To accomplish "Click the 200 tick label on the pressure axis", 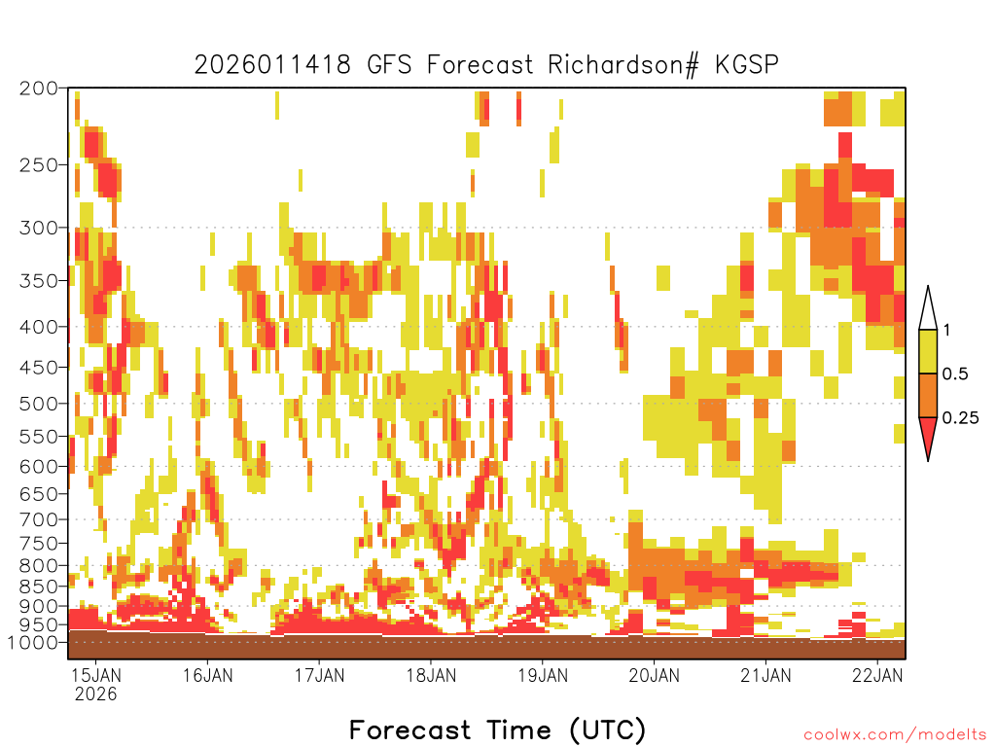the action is [39, 89].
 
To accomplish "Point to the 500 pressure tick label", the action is [39, 404].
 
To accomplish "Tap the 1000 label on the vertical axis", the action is [32, 642].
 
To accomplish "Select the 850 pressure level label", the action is [39, 587].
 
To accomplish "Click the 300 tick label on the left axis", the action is [39, 228].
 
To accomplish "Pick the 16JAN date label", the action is [208, 675].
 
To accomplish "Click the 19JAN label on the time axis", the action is [543, 675].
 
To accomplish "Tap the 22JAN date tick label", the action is [877, 675].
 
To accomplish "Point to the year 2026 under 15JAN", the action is [96, 694].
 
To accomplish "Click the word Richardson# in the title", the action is [622, 65].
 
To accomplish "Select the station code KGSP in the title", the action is [746, 65].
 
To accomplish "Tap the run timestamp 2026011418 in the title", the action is [272, 65].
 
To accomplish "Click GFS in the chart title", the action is [389, 65].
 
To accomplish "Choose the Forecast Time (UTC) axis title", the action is [497, 729].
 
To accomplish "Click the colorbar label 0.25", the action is [960, 417].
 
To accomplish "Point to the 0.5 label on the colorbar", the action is [955, 373].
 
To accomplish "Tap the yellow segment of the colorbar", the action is [928, 351].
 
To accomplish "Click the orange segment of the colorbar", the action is [928, 395].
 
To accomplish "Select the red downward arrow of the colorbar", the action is [928, 435].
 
